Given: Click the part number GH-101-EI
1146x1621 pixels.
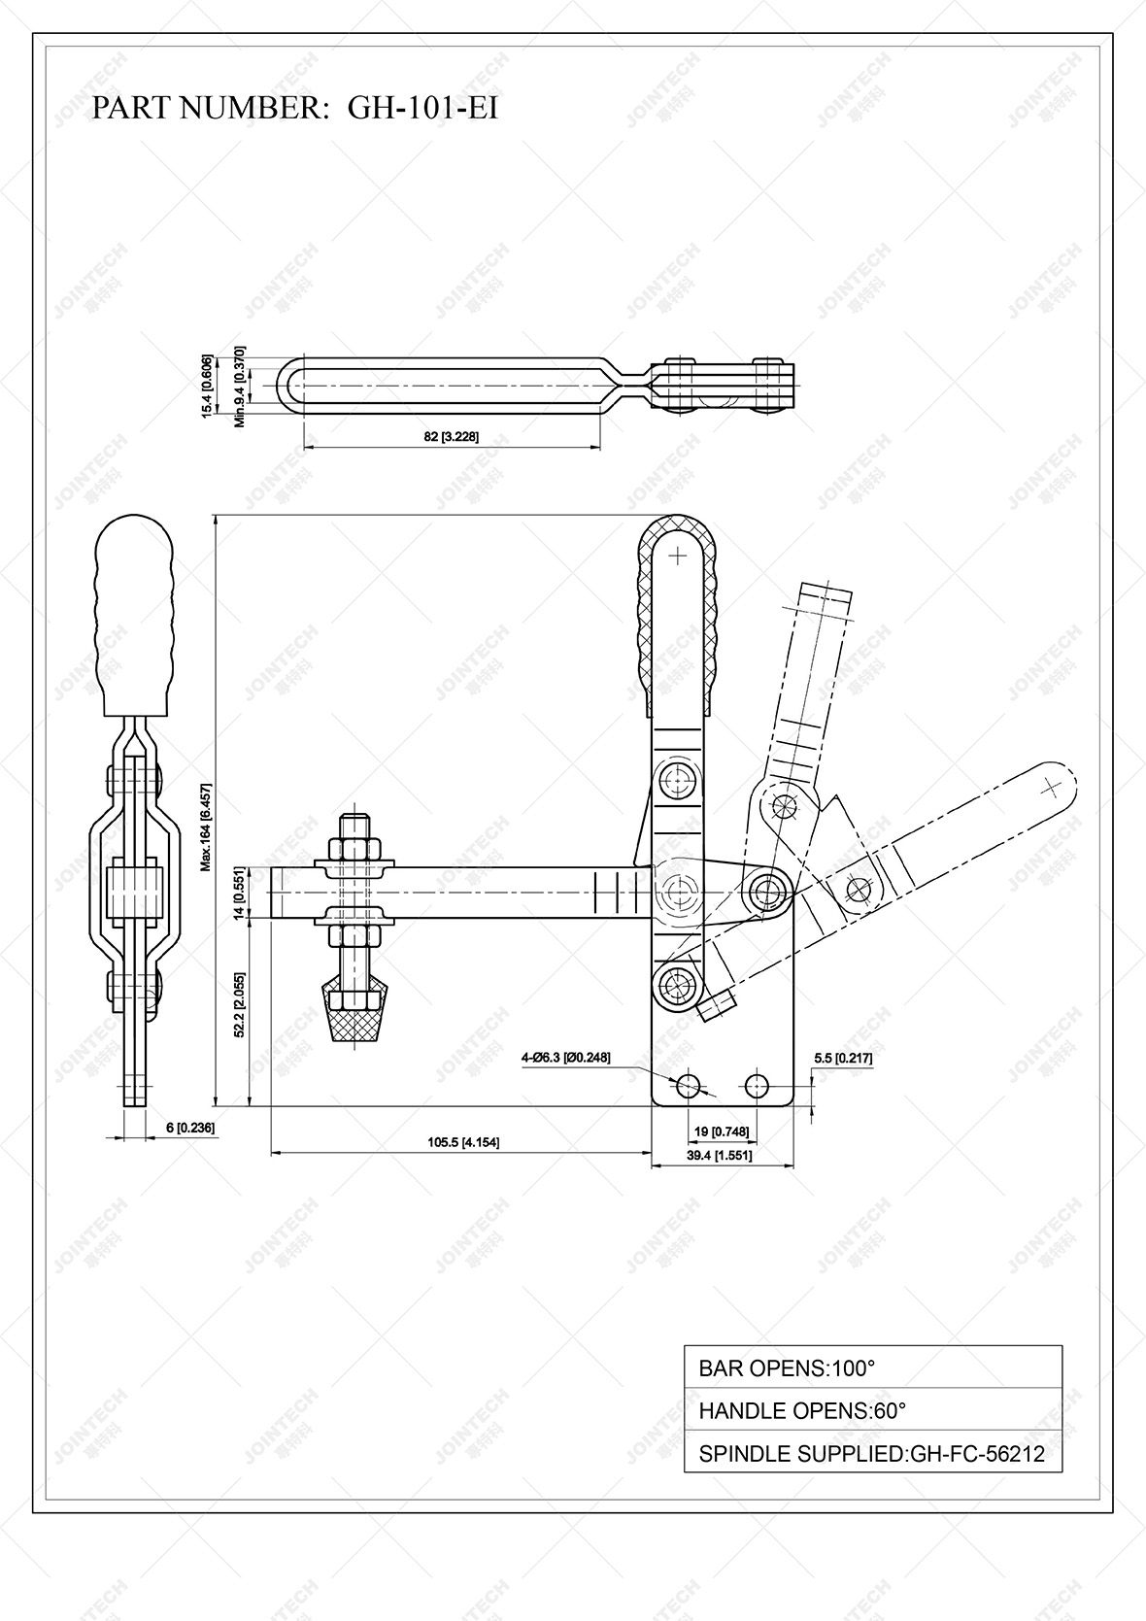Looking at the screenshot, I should tap(422, 108).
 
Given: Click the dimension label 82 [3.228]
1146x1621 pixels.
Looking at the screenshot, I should tap(452, 437).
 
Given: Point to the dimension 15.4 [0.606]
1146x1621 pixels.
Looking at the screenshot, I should tap(206, 386).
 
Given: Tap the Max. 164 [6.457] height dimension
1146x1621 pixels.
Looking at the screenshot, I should tap(205, 827).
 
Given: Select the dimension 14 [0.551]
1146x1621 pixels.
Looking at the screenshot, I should tap(237, 894).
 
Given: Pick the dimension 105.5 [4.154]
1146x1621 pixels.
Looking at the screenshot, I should tap(463, 1142).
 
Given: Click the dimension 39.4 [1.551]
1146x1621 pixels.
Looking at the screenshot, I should tap(720, 1156).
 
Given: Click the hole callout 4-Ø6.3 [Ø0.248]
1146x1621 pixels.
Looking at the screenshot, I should tap(565, 1057).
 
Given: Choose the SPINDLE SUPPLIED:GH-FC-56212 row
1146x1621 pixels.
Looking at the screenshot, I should tap(872, 1454).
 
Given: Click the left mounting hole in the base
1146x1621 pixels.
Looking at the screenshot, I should tap(689, 1085).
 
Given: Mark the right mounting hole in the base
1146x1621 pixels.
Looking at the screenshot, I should tap(757, 1085).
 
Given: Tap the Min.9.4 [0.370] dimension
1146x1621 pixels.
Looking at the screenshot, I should tap(240, 386).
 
